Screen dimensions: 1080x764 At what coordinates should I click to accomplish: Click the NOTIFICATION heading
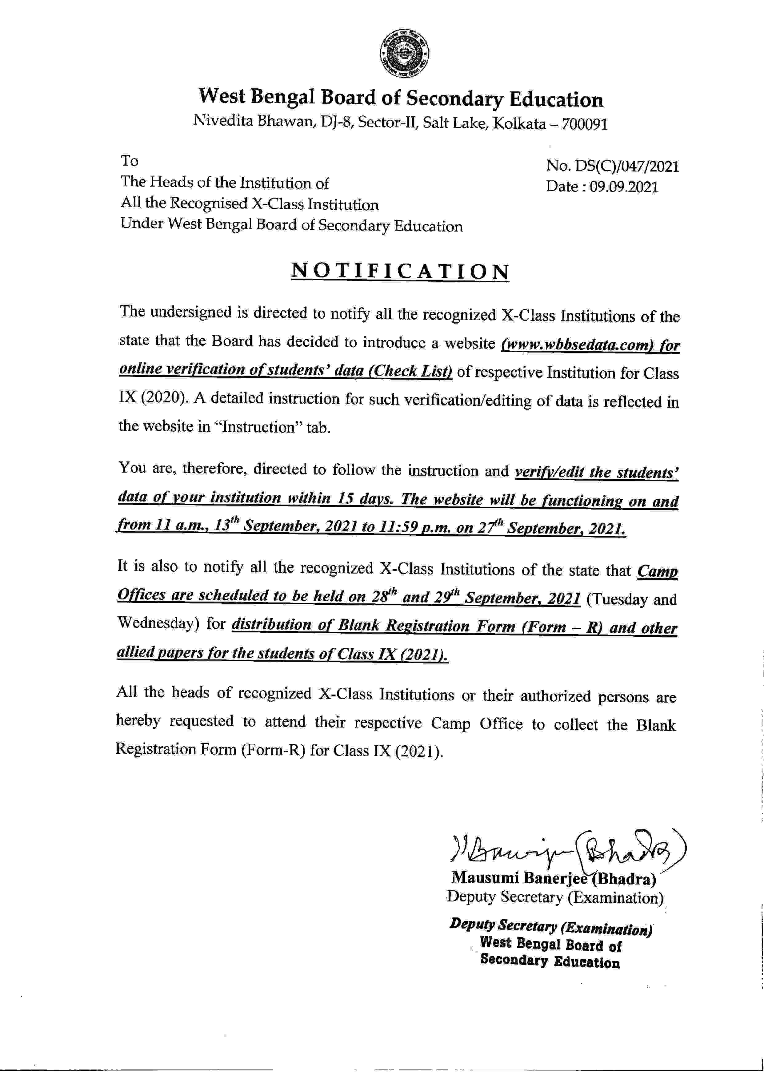click(x=400, y=272)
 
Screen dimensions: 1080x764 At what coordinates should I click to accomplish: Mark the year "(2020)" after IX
click(x=165, y=398)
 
